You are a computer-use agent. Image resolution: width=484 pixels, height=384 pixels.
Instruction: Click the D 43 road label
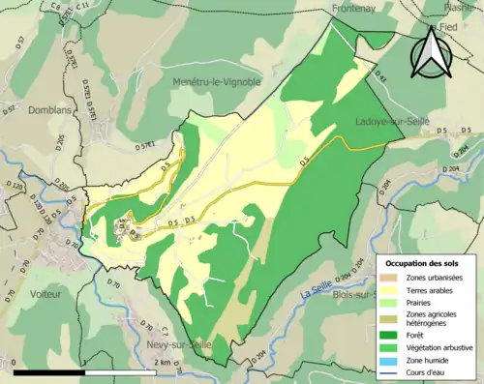378,77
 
